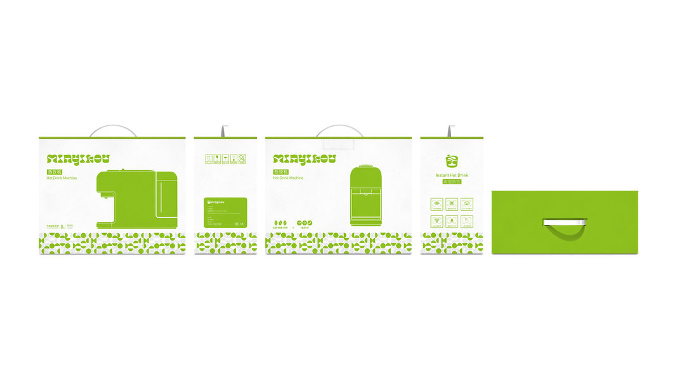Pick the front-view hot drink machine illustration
(x=366, y=195)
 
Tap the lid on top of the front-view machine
(x=366, y=167)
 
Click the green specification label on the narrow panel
(x=225, y=212)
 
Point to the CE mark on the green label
(x=237, y=223)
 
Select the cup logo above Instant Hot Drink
(x=451, y=161)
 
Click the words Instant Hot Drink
(x=451, y=175)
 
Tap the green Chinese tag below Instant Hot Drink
(x=451, y=182)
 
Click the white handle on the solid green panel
(x=565, y=222)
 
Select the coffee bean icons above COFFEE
(x=280, y=223)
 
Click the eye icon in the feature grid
(x=437, y=203)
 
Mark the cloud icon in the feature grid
(x=466, y=203)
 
